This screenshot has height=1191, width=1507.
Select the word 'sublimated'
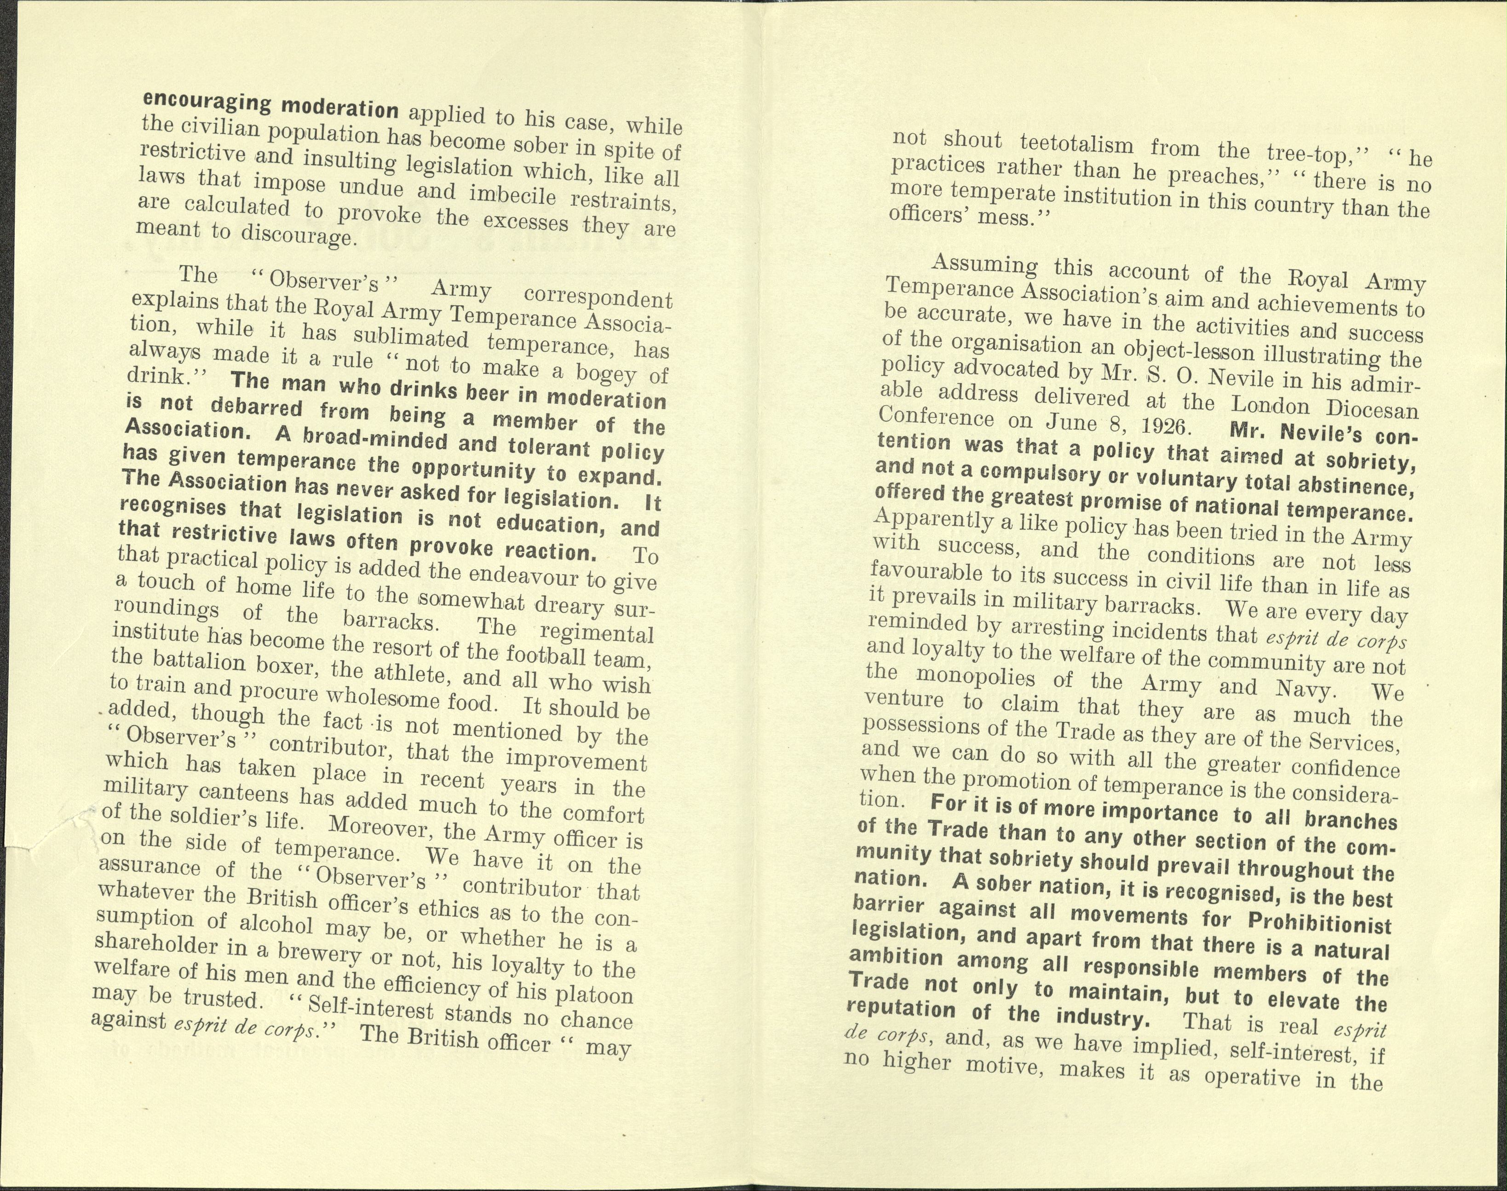coord(411,338)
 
